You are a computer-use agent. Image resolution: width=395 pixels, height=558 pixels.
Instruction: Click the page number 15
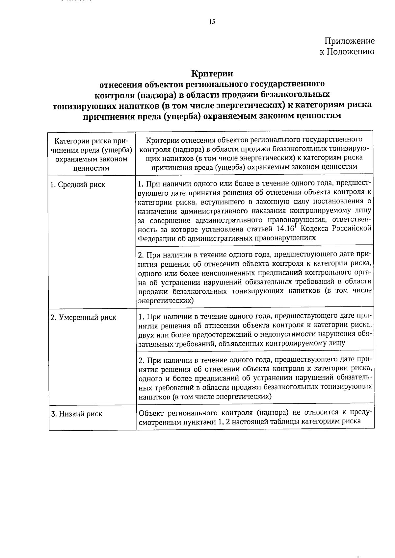(212, 22)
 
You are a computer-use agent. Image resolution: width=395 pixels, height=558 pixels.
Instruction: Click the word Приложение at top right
(350, 41)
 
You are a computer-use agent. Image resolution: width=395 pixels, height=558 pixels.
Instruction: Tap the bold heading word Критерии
(212, 73)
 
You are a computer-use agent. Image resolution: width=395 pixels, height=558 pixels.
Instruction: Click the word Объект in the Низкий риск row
(152, 413)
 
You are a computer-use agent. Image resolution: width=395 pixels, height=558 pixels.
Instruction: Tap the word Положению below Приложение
(351, 52)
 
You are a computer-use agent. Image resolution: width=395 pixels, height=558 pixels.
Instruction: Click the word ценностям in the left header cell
(91, 168)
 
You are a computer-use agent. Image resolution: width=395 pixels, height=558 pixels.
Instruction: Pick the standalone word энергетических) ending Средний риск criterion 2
(166, 300)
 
